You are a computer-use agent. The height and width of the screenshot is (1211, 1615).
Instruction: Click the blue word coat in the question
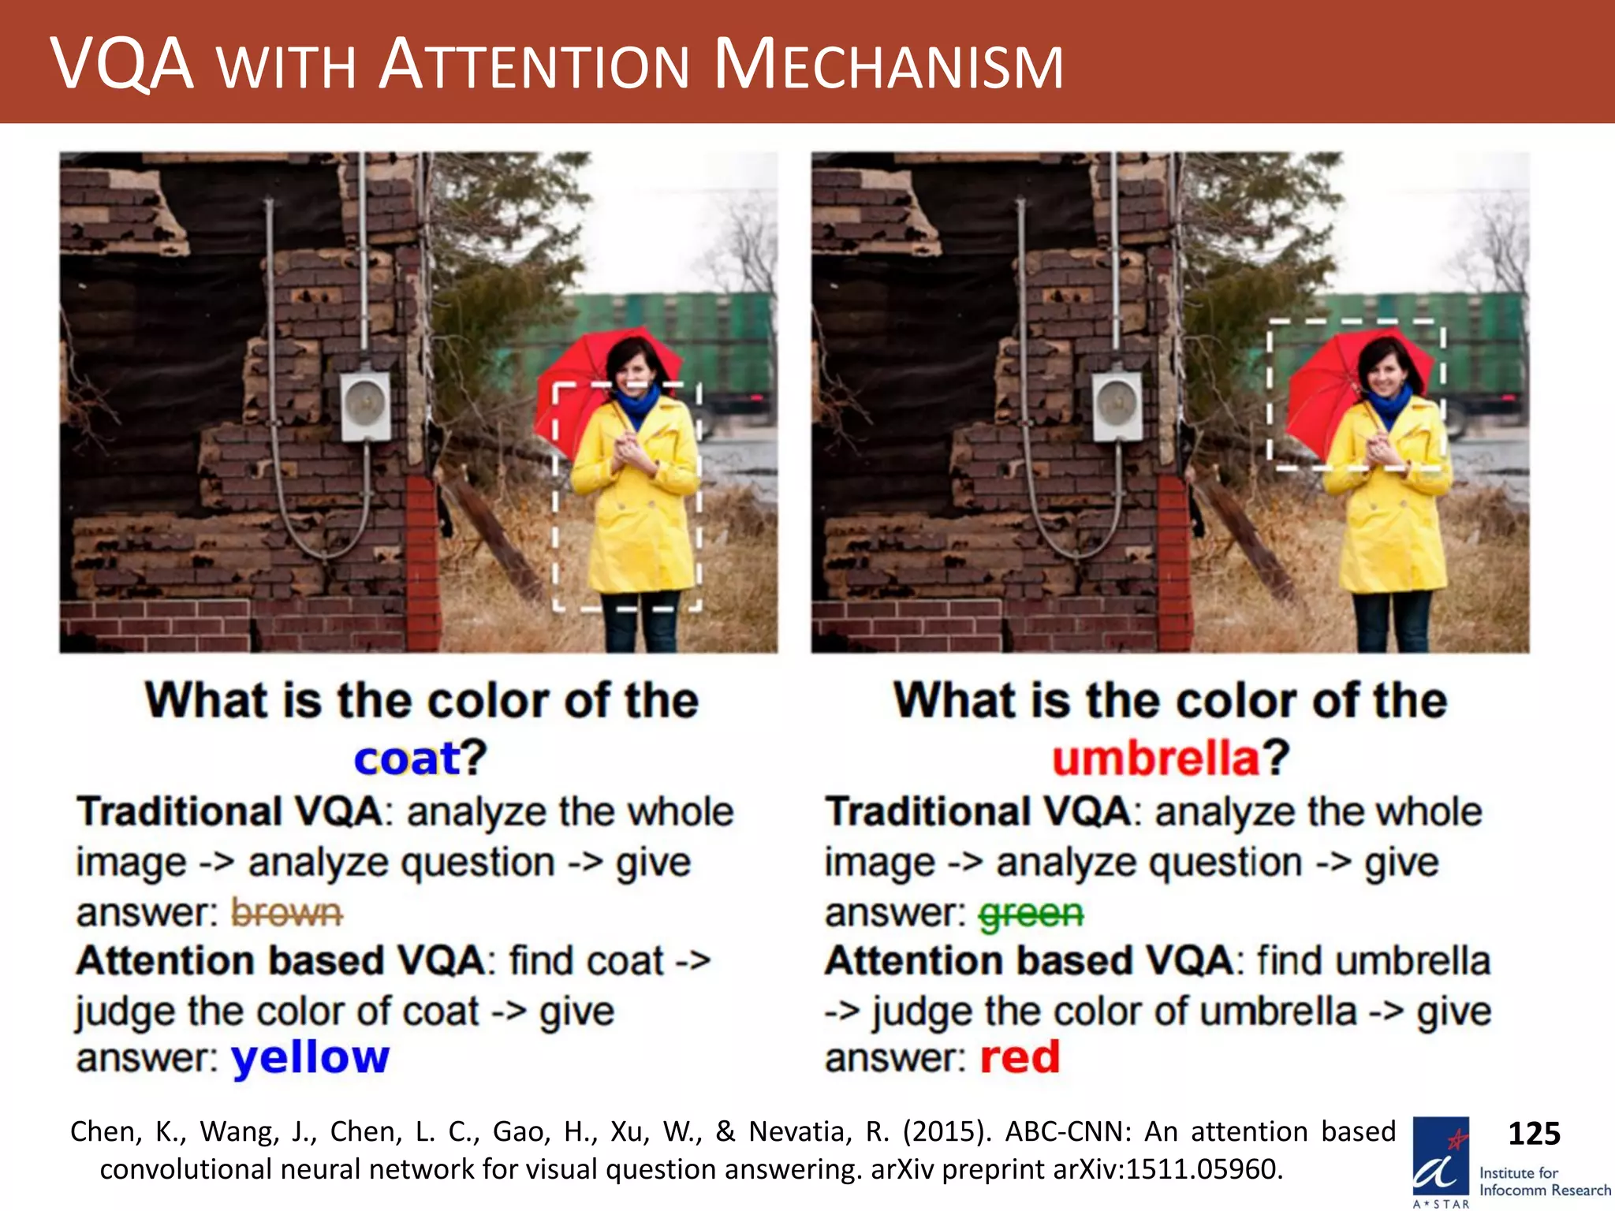406,758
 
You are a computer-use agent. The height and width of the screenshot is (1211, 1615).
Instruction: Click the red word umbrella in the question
1155,758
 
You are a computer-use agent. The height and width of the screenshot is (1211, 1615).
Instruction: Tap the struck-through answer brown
286,913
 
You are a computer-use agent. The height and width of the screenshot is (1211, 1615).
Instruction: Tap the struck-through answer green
1031,914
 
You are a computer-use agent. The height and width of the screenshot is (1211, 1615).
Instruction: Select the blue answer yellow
310,1057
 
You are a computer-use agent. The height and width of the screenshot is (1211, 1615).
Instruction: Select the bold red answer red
1020,1057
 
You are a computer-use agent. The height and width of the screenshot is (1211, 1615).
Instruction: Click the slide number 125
1534,1134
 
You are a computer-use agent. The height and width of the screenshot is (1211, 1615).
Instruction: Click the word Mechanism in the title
889,65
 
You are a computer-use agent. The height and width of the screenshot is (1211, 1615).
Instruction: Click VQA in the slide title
122,65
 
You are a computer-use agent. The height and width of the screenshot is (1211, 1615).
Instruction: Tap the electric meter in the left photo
365,405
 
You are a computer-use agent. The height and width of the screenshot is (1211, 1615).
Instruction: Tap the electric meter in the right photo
1117,405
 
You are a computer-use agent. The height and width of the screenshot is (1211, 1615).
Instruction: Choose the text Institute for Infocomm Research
1544,1181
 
